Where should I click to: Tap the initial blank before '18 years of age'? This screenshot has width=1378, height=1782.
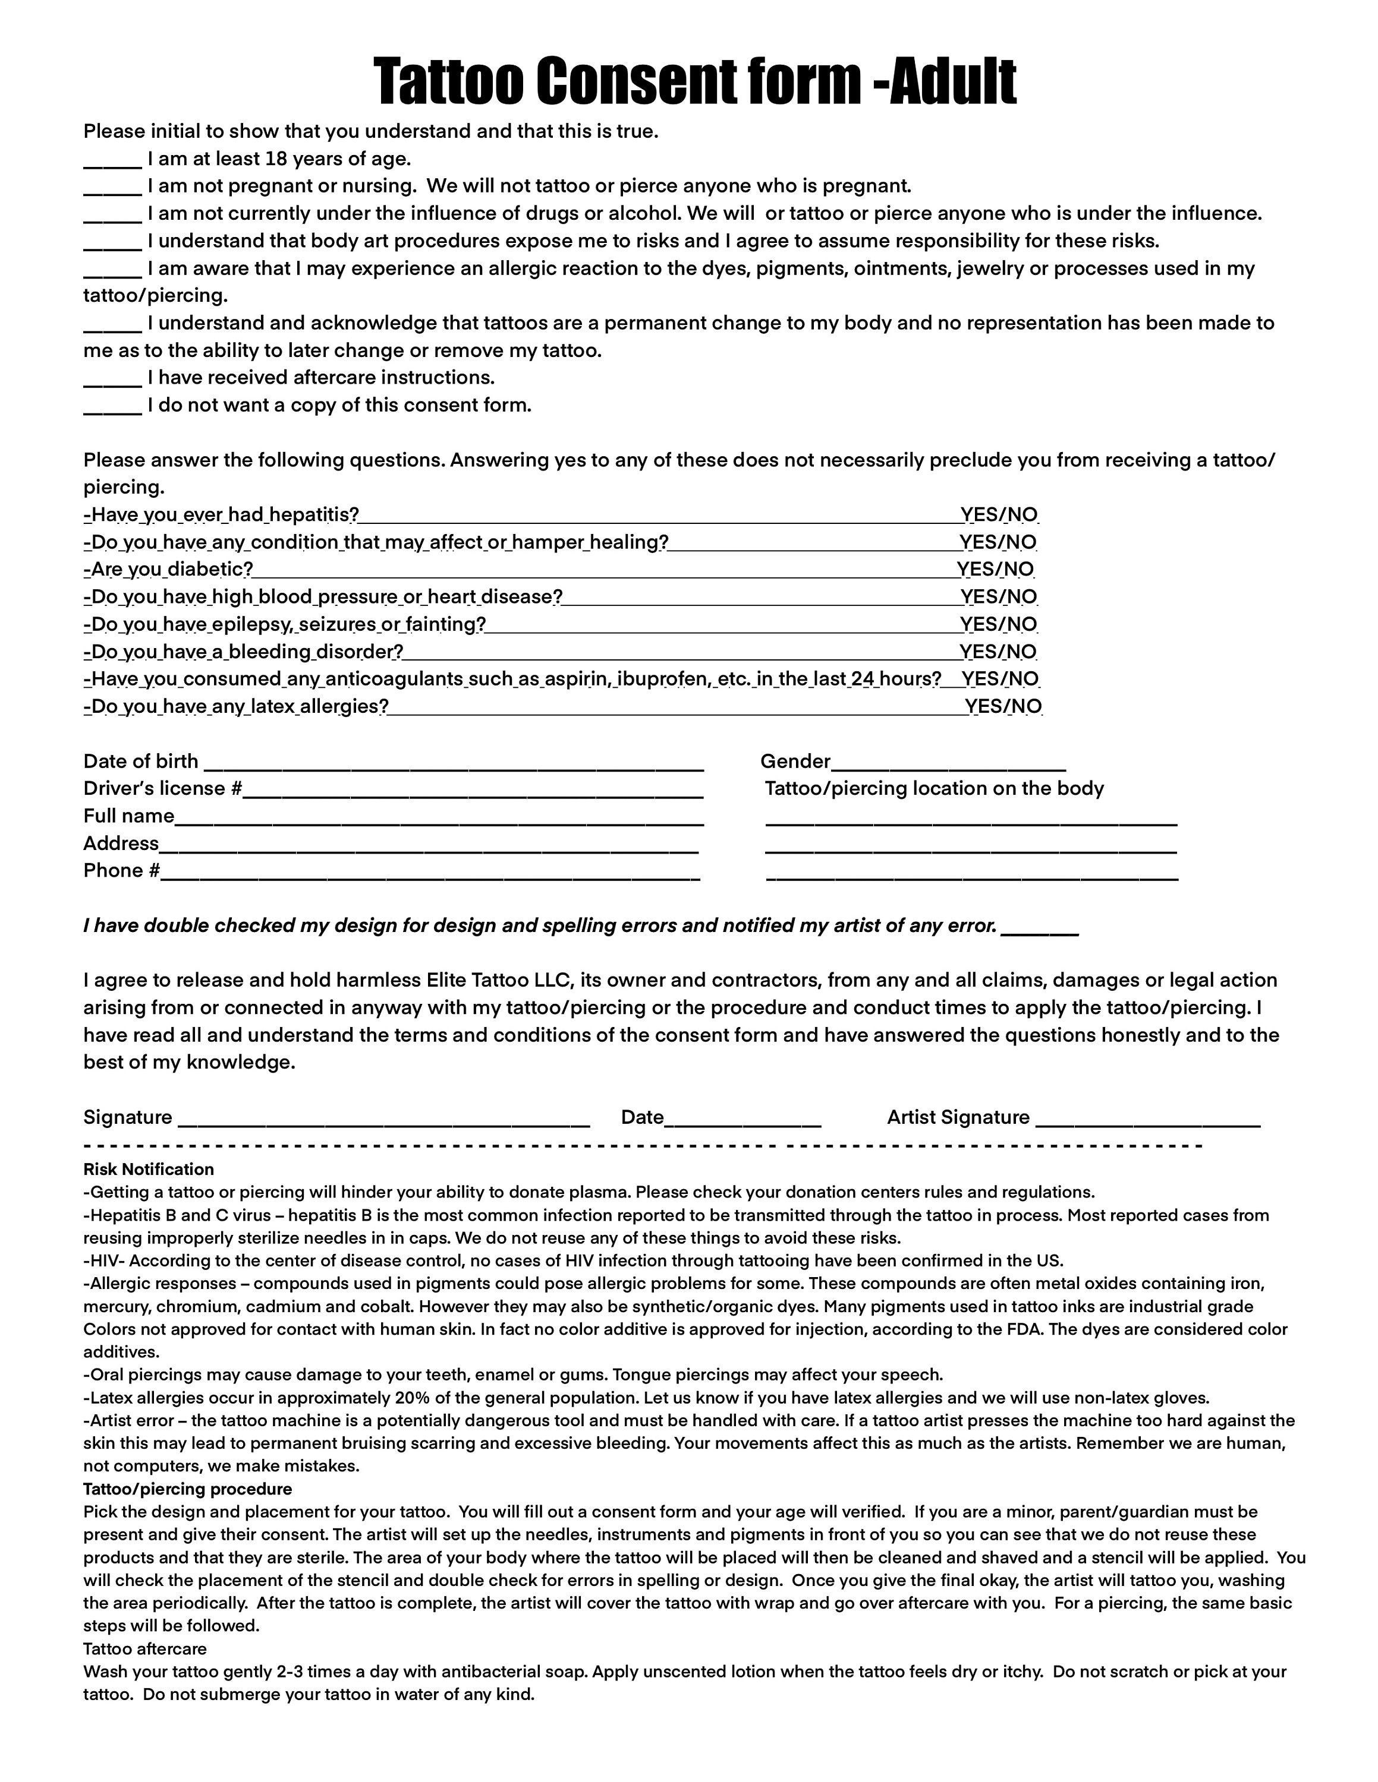(113, 162)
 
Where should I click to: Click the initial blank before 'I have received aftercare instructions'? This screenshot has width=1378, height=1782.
(113, 380)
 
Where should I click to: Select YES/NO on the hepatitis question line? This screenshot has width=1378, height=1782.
(999, 515)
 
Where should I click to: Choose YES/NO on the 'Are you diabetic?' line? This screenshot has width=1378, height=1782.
(996, 570)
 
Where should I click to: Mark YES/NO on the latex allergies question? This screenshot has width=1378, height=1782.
(1003, 707)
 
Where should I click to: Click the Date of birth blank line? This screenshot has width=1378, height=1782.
(453, 765)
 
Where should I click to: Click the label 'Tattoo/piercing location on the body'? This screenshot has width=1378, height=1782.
(934, 788)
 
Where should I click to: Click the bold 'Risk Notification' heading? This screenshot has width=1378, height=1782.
(149, 1169)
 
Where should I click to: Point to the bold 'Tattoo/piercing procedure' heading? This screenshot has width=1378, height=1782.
(188, 1489)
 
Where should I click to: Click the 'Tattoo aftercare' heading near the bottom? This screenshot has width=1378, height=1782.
(144, 1649)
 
